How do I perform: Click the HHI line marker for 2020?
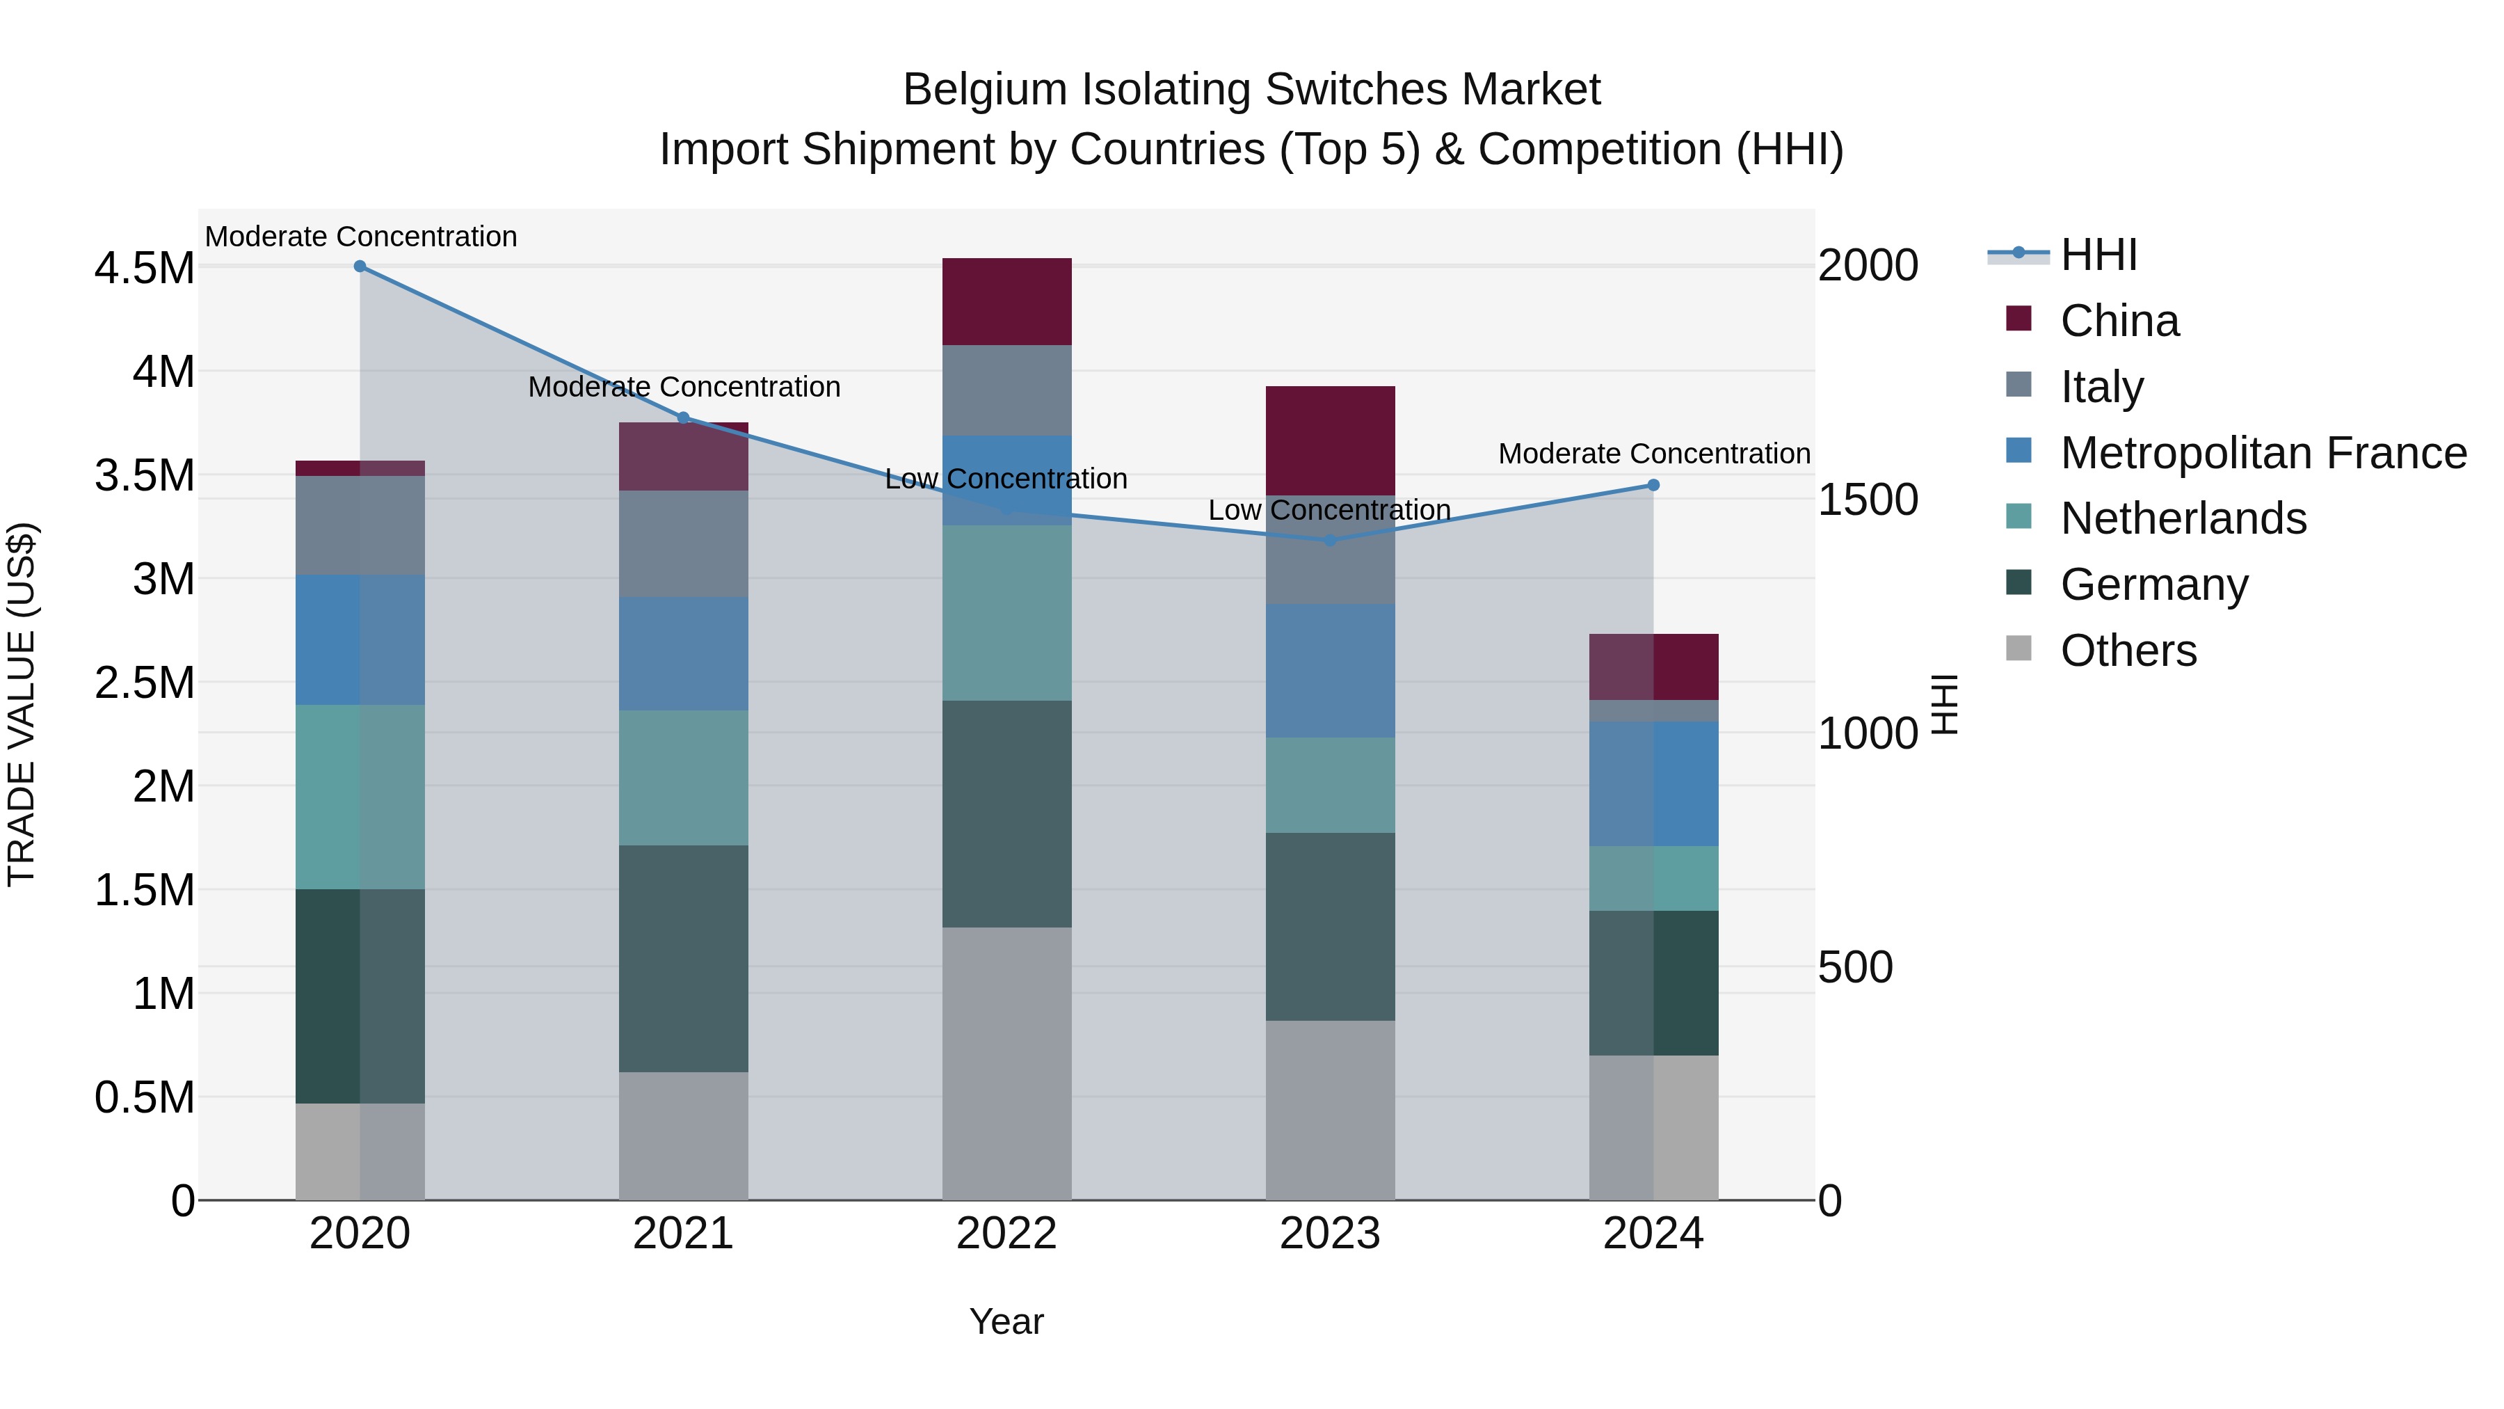click(360, 266)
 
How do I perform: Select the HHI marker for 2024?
click(1653, 485)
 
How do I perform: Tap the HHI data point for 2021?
click(683, 418)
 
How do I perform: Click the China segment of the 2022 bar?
click(1007, 301)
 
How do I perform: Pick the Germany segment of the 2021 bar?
click(683, 958)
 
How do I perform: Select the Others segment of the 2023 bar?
click(1330, 1110)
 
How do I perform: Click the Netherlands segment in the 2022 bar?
click(1007, 612)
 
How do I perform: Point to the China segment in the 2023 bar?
click(1330, 440)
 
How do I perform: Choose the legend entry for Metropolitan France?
click(2263, 453)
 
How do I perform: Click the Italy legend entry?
click(2101, 387)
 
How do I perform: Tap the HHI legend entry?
click(2098, 255)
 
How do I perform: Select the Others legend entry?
click(2128, 651)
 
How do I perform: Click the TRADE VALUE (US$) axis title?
click(22, 704)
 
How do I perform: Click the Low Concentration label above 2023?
click(1329, 511)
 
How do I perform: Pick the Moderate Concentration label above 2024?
click(1653, 454)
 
